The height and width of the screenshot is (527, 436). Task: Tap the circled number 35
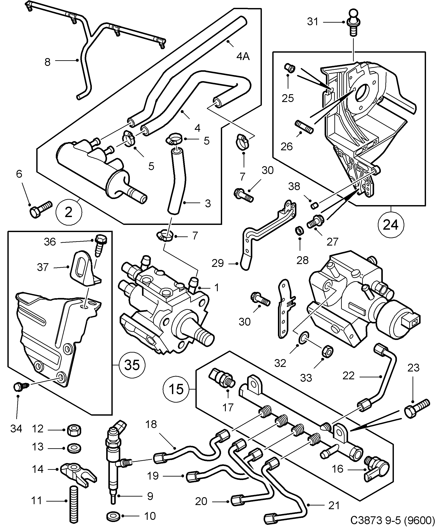pos(132,365)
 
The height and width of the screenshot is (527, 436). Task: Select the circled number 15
pos(176,389)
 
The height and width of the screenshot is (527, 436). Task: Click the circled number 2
pos(69,212)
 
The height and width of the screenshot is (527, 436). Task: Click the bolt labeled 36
pos(101,244)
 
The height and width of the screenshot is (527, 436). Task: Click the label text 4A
pos(243,57)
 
